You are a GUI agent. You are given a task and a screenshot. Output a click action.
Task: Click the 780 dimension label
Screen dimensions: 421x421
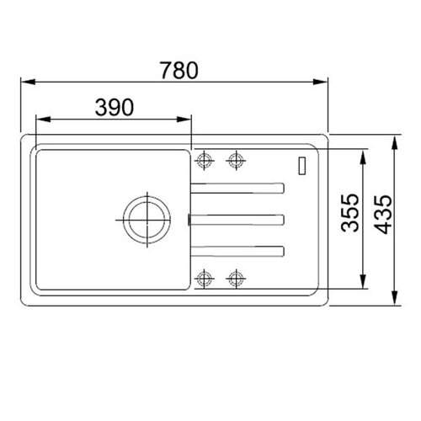[x=179, y=70]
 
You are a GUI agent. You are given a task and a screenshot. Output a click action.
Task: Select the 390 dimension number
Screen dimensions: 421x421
[x=115, y=107]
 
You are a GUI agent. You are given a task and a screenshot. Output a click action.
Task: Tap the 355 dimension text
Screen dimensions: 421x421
[x=350, y=212]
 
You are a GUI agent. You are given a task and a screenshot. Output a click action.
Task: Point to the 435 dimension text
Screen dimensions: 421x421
[x=383, y=214]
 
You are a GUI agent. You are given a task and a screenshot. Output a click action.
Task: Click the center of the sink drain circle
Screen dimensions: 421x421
[x=147, y=220]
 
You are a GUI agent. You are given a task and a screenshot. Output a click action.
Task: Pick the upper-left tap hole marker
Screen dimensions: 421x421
[x=204, y=160]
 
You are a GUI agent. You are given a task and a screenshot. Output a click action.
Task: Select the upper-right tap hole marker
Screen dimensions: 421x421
[x=236, y=160]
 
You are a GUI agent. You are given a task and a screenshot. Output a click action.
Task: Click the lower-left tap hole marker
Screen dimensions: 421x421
[x=204, y=279]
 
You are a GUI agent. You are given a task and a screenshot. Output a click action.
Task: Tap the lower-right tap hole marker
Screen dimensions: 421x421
[x=236, y=279]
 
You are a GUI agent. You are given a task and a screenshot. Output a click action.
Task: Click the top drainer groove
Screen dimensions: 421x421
[x=237, y=188]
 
